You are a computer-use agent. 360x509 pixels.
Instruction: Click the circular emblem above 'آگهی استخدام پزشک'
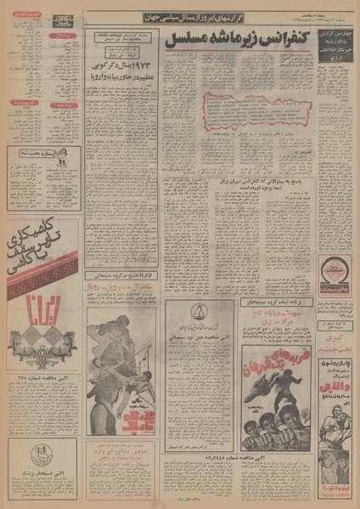[x=40, y=455]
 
